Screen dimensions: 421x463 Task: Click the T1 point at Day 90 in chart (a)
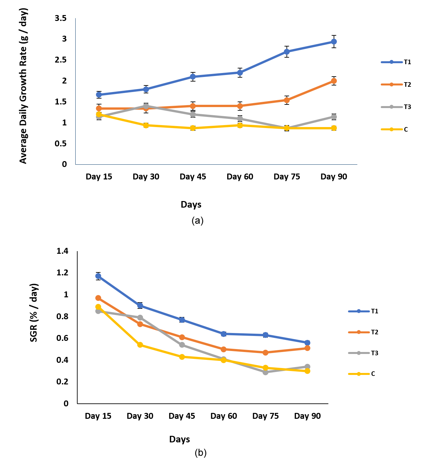tap(334, 42)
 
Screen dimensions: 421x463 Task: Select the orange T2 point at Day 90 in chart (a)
tap(334, 81)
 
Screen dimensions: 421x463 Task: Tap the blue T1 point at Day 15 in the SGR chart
tap(98, 276)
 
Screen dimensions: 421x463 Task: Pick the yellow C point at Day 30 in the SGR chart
tap(140, 345)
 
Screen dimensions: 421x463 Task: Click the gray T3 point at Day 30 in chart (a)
tap(146, 106)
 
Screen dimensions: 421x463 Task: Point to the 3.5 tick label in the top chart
tap(61, 18)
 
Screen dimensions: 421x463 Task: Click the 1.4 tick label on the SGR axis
tap(62, 251)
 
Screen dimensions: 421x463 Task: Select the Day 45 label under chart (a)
tap(193, 176)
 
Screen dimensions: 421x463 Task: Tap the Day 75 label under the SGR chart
tap(265, 416)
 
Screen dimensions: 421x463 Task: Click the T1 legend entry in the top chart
tap(396, 62)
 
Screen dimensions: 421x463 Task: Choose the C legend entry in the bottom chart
tap(362, 374)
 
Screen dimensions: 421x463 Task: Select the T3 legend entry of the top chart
tap(396, 107)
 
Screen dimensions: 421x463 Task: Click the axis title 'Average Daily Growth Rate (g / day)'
tap(23, 86)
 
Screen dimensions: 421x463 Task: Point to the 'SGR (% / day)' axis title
tap(34, 313)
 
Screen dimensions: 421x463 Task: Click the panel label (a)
tap(197, 221)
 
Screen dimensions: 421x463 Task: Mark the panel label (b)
tap(200, 453)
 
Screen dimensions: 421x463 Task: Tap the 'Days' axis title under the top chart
tap(191, 205)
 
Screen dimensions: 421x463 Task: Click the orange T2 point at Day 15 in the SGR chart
tap(98, 298)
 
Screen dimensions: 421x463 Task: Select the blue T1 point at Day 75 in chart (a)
tap(286, 51)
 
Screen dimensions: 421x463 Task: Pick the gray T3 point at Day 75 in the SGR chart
tap(265, 372)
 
